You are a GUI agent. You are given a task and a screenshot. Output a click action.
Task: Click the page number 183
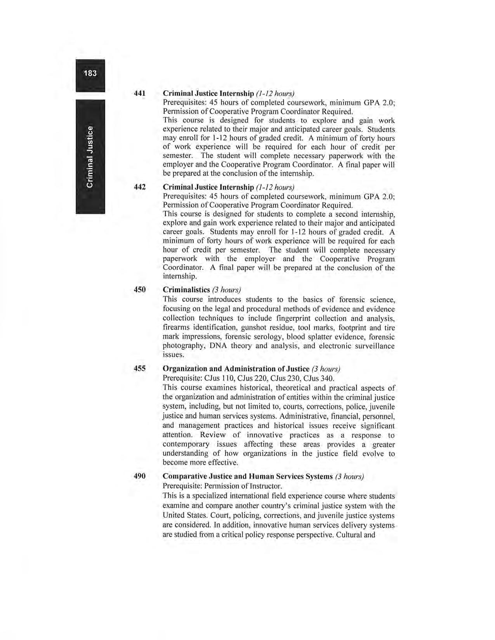90,73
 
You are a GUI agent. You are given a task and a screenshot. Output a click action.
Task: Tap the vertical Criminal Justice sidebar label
90,156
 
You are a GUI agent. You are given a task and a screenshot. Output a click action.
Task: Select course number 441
139,93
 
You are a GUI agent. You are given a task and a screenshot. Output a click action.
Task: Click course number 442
139,187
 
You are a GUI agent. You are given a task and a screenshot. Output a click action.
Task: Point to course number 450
139,289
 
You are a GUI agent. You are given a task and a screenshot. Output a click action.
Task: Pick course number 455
139,368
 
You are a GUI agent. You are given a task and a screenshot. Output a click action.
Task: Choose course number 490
139,476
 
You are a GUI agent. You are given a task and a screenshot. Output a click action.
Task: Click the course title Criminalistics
186,290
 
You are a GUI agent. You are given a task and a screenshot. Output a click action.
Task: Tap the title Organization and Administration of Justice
236,368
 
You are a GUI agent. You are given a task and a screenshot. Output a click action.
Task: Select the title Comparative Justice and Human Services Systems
247,476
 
